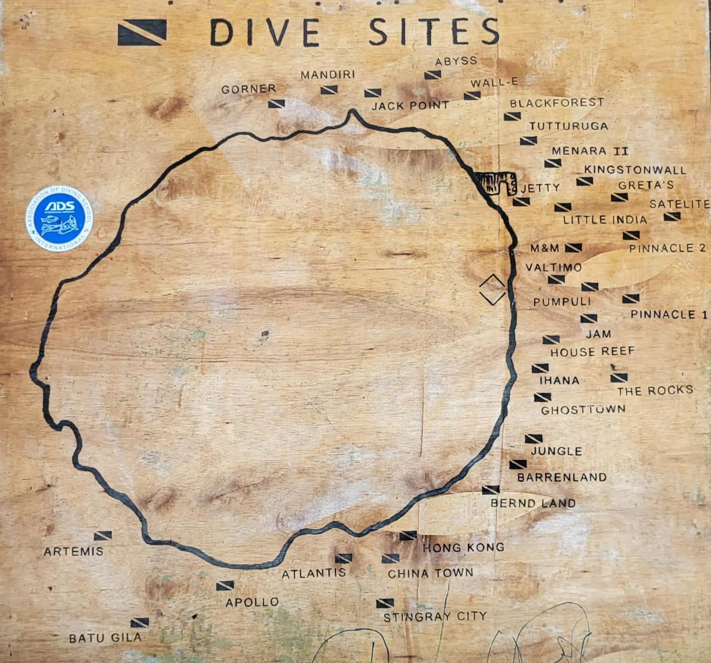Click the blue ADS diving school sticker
(x=59, y=218)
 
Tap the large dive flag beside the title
(x=142, y=33)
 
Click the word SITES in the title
(x=433, y=32)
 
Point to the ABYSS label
(x=456, y=61)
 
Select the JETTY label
(x=540, y=188)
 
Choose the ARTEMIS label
(x=74, y=551)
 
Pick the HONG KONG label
(x=463, y=548)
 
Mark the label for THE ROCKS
(x=655, y=391)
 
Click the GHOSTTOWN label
(x=583, y=409)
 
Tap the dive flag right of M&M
(x=573, y=248)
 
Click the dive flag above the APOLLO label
(x=225, y=586)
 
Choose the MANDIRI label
(x=328, y=75)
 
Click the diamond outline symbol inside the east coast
(x=493, y=290)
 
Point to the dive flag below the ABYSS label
(x=433, y=75)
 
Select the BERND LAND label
(x=533, y=504)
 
